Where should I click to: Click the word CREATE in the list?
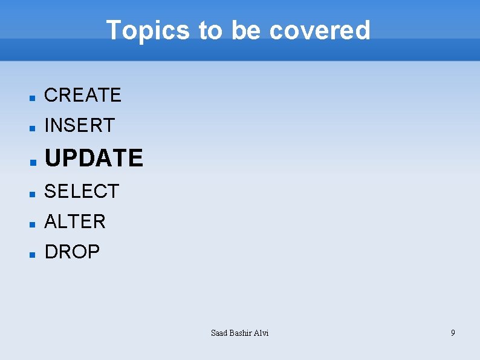click(83, 95)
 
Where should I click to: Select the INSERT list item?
click(79, 125)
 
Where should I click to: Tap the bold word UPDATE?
click(94, 158)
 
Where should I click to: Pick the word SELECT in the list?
click(82, 191)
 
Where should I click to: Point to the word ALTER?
click(75, 221)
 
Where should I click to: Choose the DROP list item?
click(72, 252)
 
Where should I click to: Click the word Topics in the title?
click(148, 30)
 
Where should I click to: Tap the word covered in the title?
click(319, 30)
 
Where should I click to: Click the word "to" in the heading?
click(211, 30)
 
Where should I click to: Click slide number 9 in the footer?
click(453, 333)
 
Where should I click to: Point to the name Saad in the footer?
click(219, 333)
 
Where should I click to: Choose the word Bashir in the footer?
click(241, 333)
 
